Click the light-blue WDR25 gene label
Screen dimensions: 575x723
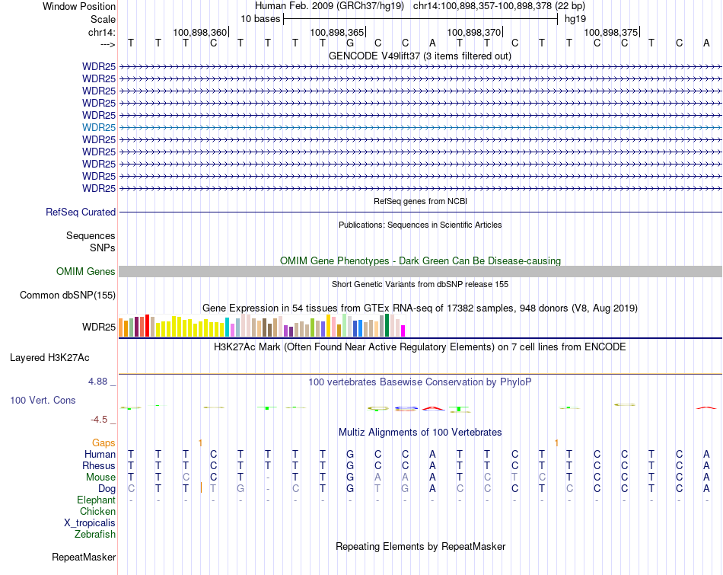coord(99,127)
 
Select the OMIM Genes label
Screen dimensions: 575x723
coord(86,272)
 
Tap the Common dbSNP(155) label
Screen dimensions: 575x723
coord(68,295)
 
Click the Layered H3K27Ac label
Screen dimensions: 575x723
coord(49,357)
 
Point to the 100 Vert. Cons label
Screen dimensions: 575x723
coord(43,400)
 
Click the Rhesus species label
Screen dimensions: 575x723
coord(99,466)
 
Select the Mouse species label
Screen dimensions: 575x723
coord(100,478)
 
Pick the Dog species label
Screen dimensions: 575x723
coord(106,489)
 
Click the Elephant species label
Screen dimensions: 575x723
coord(96,500)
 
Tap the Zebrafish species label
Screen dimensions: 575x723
coord(95,535)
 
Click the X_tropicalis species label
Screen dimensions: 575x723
coord(90,523)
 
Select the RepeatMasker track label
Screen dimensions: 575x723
coord(84,557)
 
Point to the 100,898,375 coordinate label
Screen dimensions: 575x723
coord(610,33)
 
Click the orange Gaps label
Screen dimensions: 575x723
coord(104,443)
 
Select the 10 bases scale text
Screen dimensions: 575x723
coord(260,18)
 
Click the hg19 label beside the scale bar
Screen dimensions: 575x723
coord(575,18)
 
